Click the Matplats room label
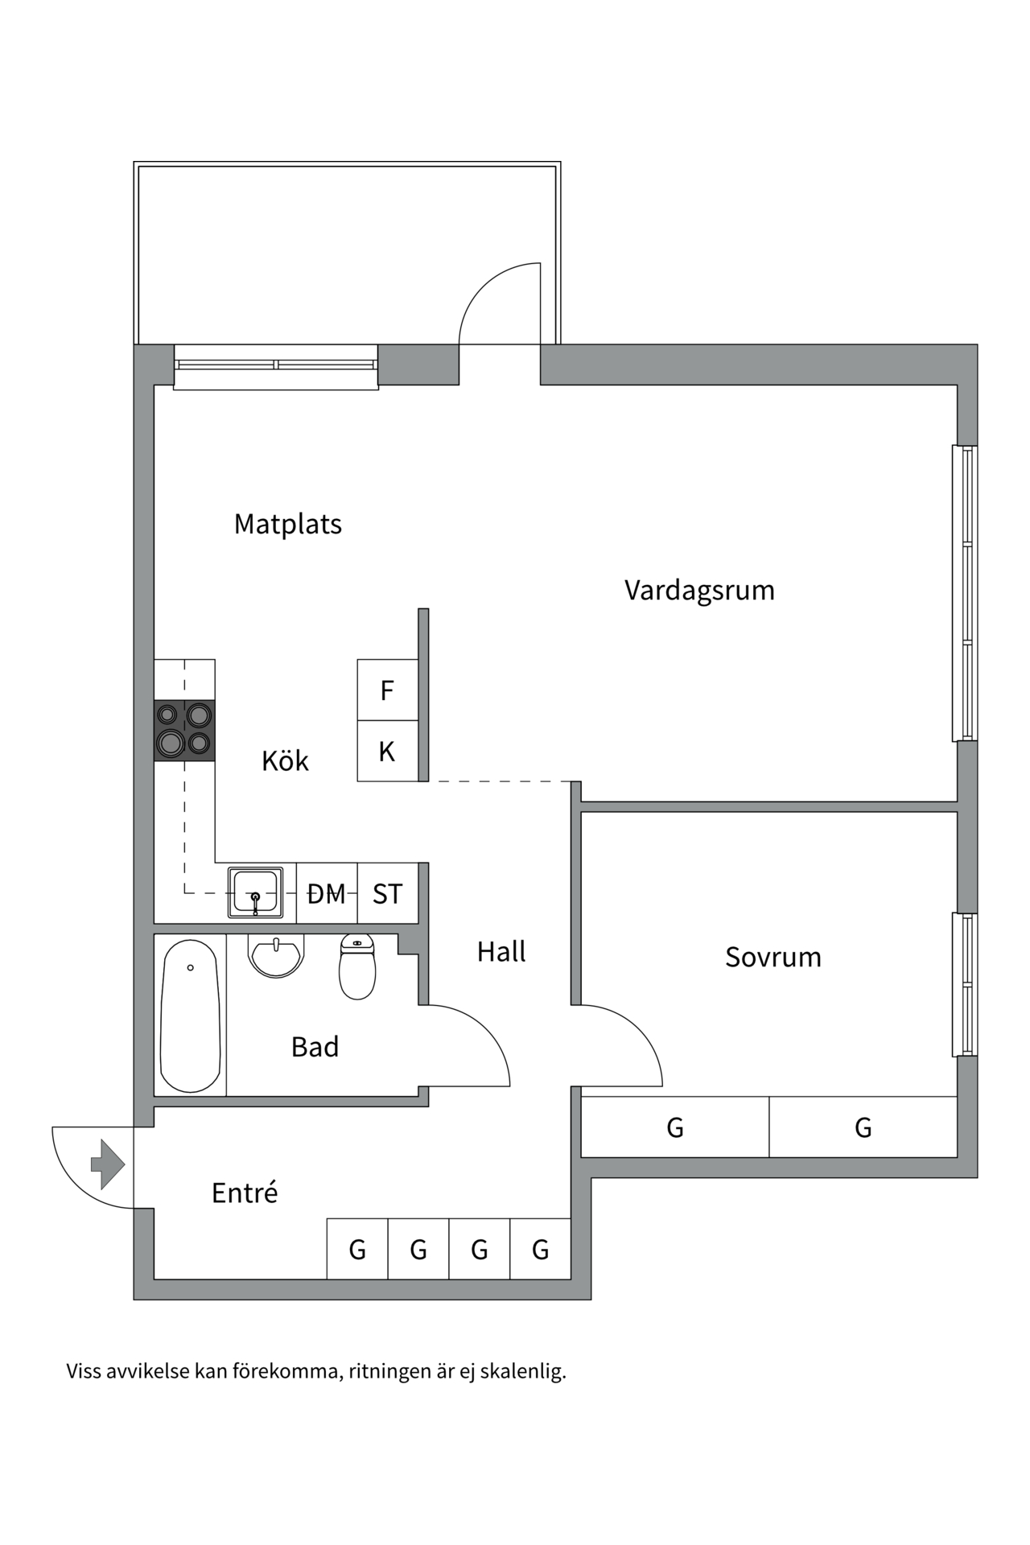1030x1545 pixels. tap(287, 524)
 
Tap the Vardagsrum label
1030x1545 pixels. tap(698, 590)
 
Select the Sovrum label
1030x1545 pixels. tap(772, 957)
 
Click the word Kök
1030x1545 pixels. tap(285, 760)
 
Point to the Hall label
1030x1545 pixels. tap(501, 951)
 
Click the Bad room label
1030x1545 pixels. tap(315, 1047)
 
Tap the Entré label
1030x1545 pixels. tap(244, 1193)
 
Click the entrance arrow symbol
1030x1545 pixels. tap(108, 1164)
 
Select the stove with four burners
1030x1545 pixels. tap(184, 730)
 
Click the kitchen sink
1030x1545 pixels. tap(255, 892)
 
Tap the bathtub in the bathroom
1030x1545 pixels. tap(190, 1016)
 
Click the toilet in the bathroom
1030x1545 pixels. tap(357, 966)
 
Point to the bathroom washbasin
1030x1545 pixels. tap(276, 956)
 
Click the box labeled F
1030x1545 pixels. tap(387, 690)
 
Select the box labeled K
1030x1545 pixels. tap(387, 752)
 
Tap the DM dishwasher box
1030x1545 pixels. tap(327, 893)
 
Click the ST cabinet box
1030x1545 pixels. tap(387, 893)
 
